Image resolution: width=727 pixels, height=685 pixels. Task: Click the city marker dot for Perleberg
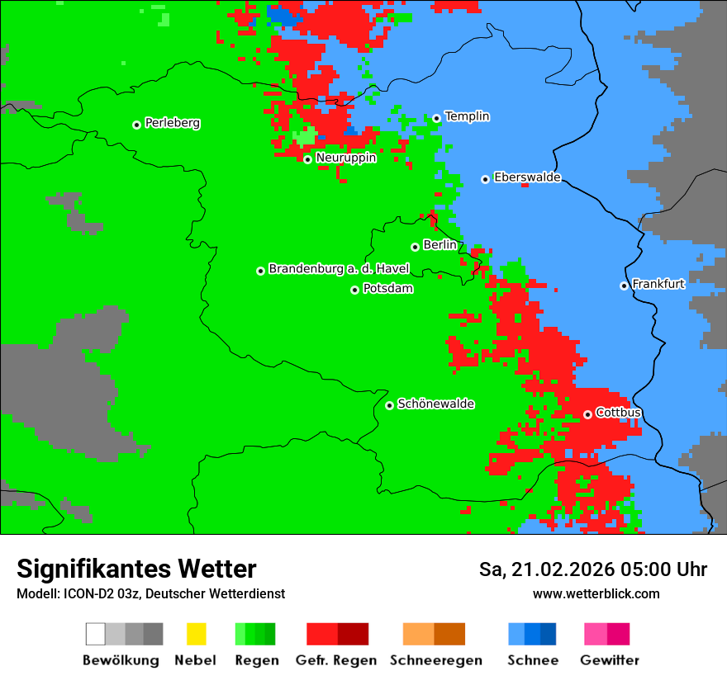(x=136, y=125)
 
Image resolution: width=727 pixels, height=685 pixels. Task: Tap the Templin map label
(x=467, y=116)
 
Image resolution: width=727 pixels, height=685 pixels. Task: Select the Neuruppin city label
(x=345, y=158)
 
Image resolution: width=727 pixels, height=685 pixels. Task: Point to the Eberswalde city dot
(x=485, y=179)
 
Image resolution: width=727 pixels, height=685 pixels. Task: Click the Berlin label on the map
(x=440, y=245)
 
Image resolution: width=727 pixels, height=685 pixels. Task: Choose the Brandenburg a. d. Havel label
(x=339, y=269)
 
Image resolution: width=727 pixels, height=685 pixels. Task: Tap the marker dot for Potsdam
(x=354, y=290)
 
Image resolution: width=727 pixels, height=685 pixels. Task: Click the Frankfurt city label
(x=658, y=284)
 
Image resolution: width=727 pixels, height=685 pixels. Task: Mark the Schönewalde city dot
(x=389, y=405)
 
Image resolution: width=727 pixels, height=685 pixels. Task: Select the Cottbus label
(x=618, y=413)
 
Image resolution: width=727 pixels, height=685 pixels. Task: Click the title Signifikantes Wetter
(x=136, y=569)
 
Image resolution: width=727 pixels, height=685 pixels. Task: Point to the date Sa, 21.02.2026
(x=543, y=569)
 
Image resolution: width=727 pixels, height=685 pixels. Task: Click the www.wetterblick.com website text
(x=596, y=593)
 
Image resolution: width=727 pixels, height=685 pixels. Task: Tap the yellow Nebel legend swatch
(x=196, y=634)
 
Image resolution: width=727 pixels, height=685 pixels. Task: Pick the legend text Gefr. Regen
(x=336, y=660)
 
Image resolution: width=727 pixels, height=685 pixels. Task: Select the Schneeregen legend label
(x=435, y=660)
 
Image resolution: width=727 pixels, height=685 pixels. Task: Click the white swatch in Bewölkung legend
(x=95, y=634)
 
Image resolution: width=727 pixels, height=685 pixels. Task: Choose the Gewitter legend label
(x=609, y=660)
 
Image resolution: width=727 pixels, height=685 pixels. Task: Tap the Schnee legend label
(x=532, y=660)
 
